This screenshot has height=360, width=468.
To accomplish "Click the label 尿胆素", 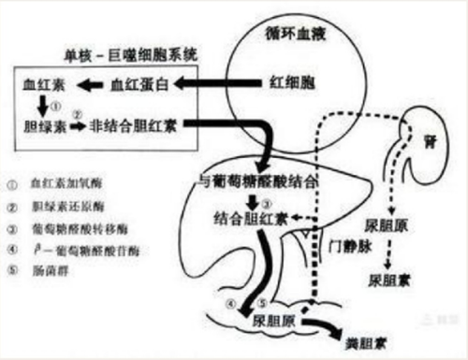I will point(387,279).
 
